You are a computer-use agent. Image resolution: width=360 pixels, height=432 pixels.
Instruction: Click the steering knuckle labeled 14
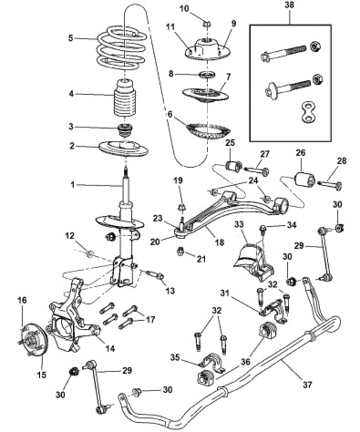(72, 325)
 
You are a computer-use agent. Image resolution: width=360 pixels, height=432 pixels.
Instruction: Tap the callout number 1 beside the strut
(72, 185)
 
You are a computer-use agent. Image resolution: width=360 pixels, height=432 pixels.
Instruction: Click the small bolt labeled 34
(263, 229)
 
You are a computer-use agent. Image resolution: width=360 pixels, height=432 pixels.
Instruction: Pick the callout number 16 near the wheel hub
(22, 300)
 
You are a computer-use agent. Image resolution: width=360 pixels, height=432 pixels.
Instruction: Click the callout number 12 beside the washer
(70, 236)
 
